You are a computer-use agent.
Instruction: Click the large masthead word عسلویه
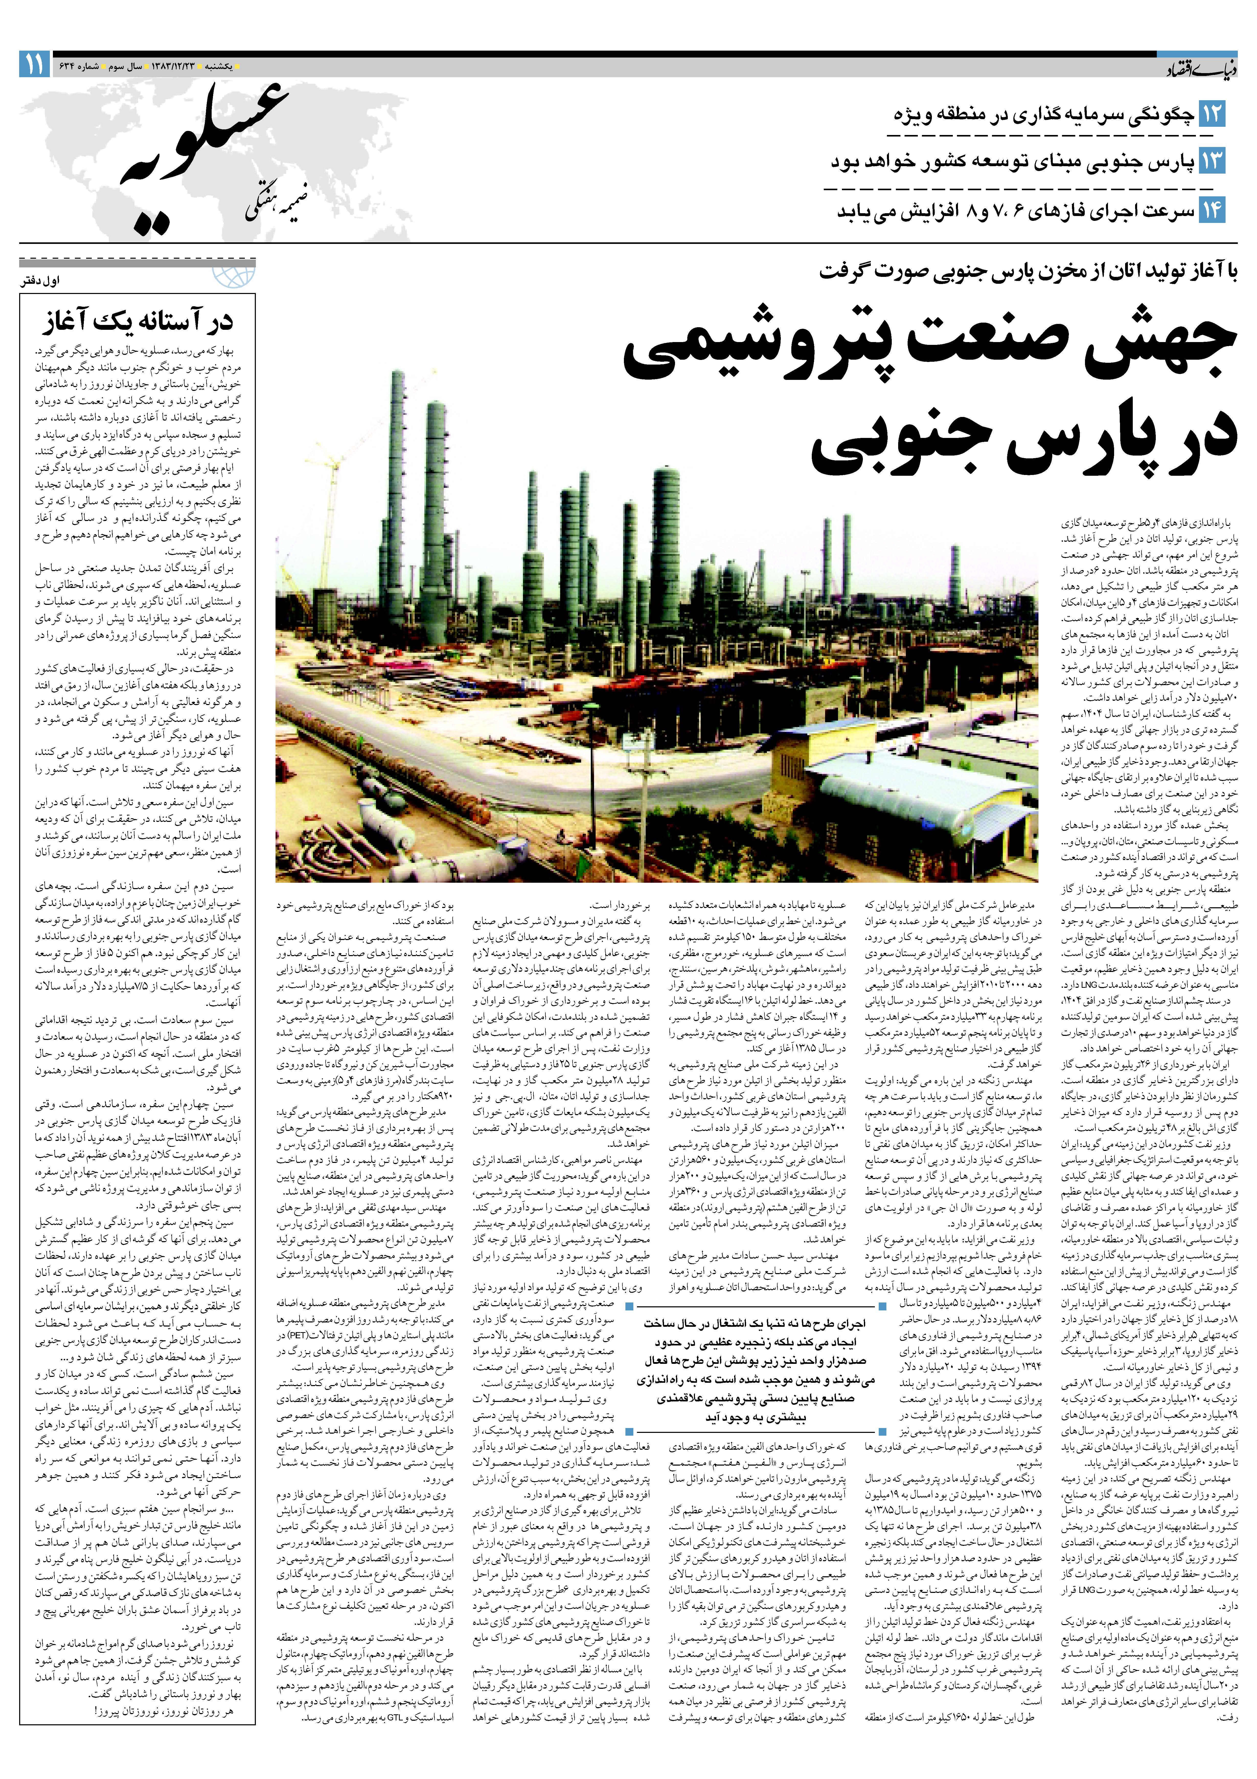click(205, 155)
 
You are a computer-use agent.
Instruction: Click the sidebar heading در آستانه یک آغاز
click(138, 320)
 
